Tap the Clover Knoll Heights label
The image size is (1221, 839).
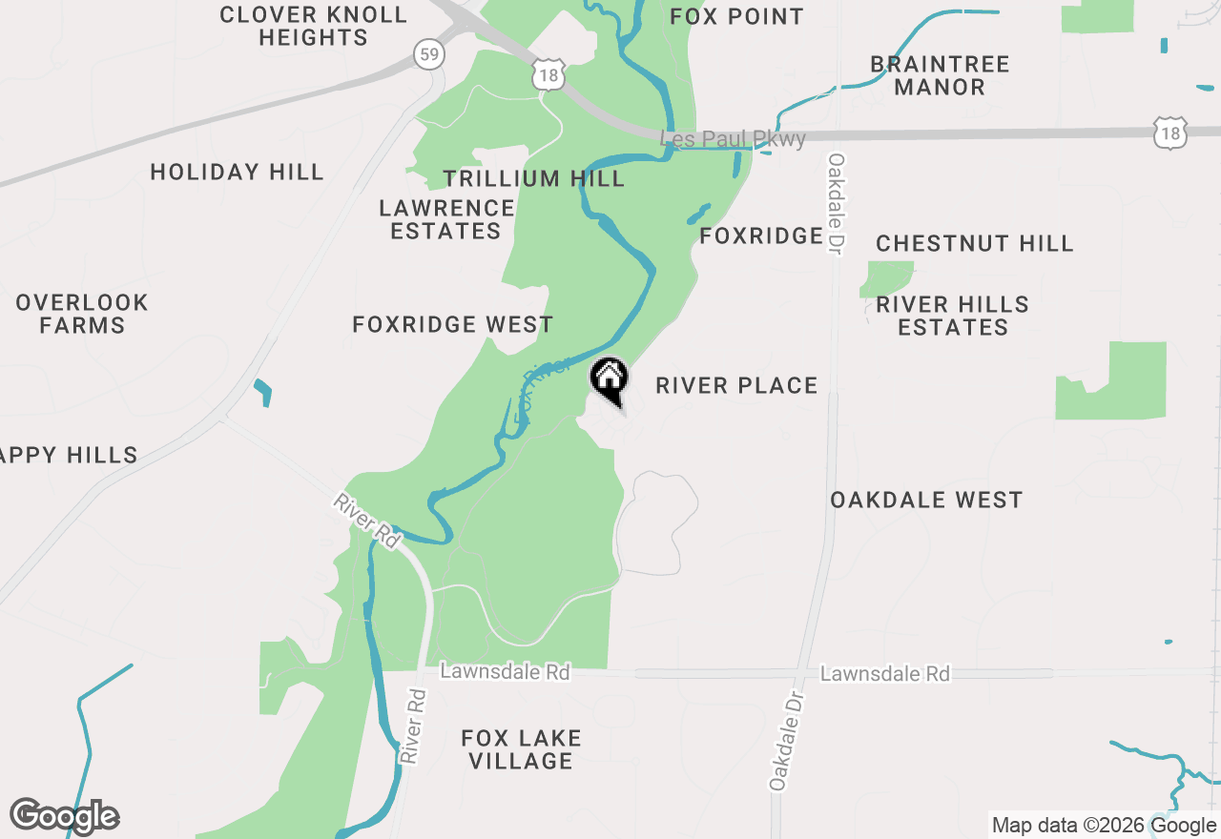313,27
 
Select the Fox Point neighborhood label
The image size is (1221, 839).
736,16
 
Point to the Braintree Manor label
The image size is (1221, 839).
940,75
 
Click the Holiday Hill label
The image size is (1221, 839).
237,173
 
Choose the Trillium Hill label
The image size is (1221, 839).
533,178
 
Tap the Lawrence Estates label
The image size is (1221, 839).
446,219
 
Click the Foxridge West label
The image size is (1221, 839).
452,325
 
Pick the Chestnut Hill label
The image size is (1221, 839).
974,244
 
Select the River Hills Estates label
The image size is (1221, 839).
952,316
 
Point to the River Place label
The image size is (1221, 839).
736,386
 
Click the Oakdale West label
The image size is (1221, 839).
925,501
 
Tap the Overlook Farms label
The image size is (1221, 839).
82,314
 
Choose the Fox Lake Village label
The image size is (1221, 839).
520,749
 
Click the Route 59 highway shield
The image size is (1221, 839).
429,54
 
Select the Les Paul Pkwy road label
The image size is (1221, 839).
734,139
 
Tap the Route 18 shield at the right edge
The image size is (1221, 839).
1169,133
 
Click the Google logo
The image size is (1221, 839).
65,816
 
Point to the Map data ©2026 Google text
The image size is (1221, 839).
1105,826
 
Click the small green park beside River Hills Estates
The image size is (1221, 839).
887,278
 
